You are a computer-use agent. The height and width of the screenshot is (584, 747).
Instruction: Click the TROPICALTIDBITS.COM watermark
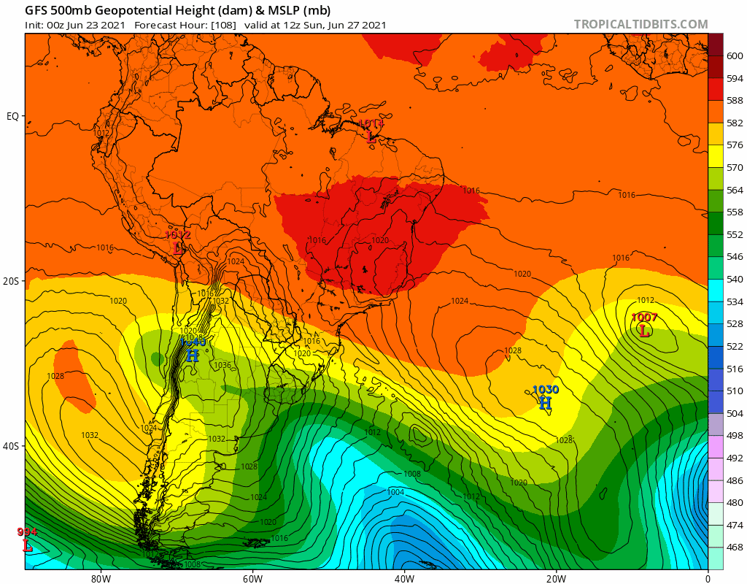(640, 24)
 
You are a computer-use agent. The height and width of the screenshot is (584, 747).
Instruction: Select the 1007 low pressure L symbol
(644, 331)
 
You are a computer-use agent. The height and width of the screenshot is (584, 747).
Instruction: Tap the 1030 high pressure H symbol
(545, 403)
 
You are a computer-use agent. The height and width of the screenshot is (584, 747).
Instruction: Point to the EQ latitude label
(12, 116)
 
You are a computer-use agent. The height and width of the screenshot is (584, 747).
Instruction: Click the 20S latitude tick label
(12, 281)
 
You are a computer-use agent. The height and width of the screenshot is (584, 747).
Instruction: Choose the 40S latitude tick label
(12, 446)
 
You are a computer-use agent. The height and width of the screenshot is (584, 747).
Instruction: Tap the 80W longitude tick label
(101, 579)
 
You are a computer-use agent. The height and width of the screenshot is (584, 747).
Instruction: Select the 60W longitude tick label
(252, 579)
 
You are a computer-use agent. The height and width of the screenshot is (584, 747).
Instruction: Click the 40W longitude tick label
(404, 579)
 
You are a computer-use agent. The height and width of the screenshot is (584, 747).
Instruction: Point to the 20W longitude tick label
(555, 579)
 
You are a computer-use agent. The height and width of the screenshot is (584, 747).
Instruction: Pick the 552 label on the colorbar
(735, 234)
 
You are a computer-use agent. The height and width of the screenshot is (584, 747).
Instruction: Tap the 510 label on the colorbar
(735, 391)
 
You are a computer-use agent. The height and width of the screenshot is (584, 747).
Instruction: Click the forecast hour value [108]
(222, 25)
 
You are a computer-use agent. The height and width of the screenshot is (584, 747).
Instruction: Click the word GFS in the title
(36, 10)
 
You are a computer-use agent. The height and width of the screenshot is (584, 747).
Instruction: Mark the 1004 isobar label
(396, 492)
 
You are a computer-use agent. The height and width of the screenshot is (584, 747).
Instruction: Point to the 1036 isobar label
(222, 366)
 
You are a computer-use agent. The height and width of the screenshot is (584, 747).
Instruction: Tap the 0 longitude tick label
(707, 579)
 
